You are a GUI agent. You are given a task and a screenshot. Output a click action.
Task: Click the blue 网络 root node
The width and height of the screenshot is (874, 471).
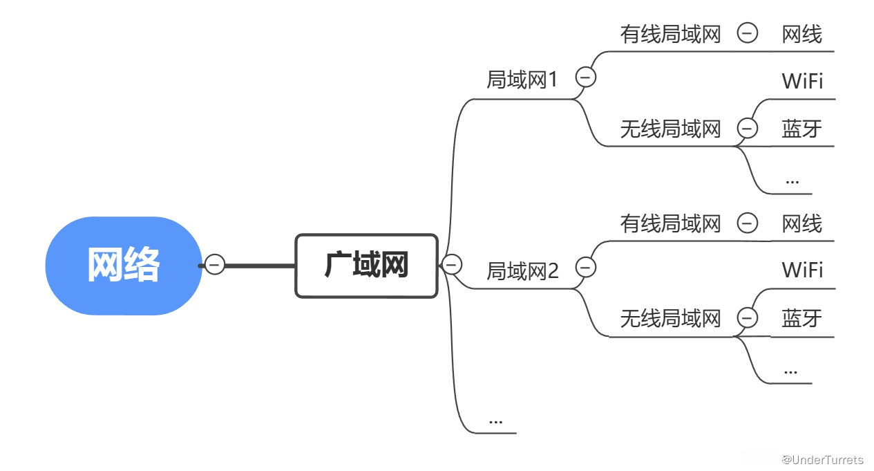(x=124, y=266)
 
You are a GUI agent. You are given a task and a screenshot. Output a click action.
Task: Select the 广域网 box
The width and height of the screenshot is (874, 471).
(x=367, y=266)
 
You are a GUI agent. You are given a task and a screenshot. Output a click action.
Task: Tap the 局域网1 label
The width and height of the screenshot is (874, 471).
(x=522, y=80)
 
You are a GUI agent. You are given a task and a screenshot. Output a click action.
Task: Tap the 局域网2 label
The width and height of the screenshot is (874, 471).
(x=522, y=271)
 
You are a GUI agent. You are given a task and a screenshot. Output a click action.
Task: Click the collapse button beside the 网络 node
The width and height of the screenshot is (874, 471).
(x=215, y=265)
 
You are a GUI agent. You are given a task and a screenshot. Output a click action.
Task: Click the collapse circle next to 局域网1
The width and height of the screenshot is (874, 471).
(x=586, y=77)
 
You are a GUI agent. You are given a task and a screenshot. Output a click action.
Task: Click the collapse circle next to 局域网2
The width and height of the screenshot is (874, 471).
(x=586, y=267)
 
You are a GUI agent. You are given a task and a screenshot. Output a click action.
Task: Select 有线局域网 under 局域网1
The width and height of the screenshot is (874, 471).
(x=670, y=35)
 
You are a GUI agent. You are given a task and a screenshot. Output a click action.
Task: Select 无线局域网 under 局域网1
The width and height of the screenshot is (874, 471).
(x=670, y=129)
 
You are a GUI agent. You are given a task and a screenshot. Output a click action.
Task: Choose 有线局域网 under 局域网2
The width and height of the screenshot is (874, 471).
(x=670, y=224)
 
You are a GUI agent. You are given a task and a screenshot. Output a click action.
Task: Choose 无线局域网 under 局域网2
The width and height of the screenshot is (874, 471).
(x=670, y=319)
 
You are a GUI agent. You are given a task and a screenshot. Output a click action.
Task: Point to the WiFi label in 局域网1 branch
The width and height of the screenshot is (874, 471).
(x=802, y=82)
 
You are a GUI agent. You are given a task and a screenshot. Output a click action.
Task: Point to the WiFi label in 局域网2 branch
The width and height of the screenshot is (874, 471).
(x=802, y=270)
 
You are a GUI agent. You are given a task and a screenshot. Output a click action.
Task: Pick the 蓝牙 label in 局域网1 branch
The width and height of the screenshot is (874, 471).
(x=802, y=129)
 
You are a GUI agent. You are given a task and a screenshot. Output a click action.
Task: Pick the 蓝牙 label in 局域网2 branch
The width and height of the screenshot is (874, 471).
(x=802, y=319)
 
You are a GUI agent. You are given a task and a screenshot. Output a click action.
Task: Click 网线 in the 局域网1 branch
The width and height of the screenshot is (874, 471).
(x=802, y=35)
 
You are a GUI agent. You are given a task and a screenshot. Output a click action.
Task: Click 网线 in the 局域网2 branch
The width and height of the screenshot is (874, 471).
(x=802, y=224)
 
